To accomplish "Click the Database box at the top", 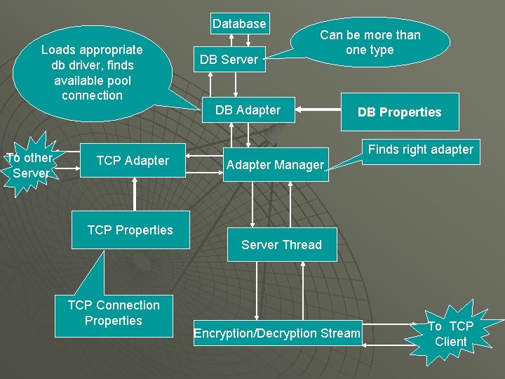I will click(x=239, y=24).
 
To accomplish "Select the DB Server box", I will click(x=229, y=60).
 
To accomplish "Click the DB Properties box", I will click(x=399, y=112).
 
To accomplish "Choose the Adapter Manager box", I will click(x=274, y=166).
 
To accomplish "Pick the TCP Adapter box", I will click(x=133, y=161).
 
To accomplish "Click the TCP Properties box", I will click(x=130, y=230).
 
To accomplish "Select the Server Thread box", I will click(x=281, y=245).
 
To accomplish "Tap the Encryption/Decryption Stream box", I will click(x=277, y=333).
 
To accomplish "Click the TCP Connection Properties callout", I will click(x=114, y=313).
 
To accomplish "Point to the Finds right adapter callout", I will click(x=420, y=149).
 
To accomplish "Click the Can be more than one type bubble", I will click(x=370, y=43).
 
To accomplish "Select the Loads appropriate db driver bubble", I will click(x=92, y=72).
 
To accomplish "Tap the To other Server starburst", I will click(x=29, y=166).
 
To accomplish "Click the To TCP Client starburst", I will click(x=450, y=333).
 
